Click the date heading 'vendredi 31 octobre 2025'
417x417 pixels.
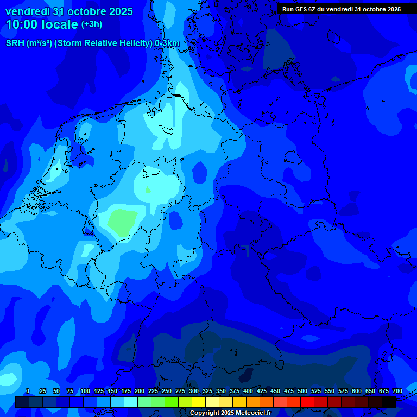pos(69,11)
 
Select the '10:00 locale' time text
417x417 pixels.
pos(42,24)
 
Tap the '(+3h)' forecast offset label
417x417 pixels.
pos(91,24)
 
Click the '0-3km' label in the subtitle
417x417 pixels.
pos(167,43)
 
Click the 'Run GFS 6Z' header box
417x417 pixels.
pos(342,9)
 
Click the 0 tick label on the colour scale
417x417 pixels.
pos(28,391)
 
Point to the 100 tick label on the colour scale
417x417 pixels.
pos(85,391)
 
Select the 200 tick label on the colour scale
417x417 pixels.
pos(140,391)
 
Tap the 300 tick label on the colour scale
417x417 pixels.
pos(194,391)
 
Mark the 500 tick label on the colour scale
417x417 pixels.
pos(302,391)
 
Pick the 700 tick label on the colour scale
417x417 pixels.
pos(397,391)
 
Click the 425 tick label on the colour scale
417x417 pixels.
pos(262,391)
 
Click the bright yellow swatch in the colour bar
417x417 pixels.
pos(199,402)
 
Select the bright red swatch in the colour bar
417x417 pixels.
pos(307,402)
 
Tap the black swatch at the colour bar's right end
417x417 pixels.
pos(389,402)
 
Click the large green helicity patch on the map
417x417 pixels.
pos(122,221)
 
